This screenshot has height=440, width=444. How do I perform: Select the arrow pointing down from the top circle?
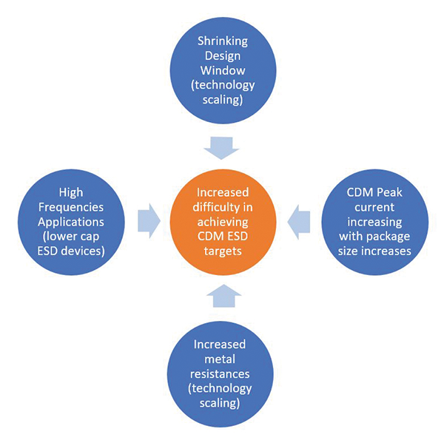point(222,149)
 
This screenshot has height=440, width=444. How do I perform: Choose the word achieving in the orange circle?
point(222,221)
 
